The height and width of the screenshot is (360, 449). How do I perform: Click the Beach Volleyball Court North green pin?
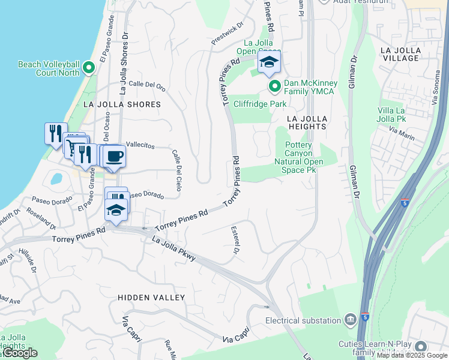coord(89,68)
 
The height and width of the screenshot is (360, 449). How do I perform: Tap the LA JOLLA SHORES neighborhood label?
coord(122,104)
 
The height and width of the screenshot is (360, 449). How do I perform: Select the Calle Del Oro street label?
coord(146,86)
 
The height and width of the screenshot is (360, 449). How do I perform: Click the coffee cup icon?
coord(114,157)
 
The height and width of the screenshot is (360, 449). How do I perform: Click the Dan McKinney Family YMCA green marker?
coord(275,87)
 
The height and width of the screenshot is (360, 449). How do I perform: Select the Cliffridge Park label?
coord(260,104)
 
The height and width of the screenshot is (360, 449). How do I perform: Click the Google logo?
coord(20,353)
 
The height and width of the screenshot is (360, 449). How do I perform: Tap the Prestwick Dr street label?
coord(227,34)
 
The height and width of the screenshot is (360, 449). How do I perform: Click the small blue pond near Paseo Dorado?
coord(56,179)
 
